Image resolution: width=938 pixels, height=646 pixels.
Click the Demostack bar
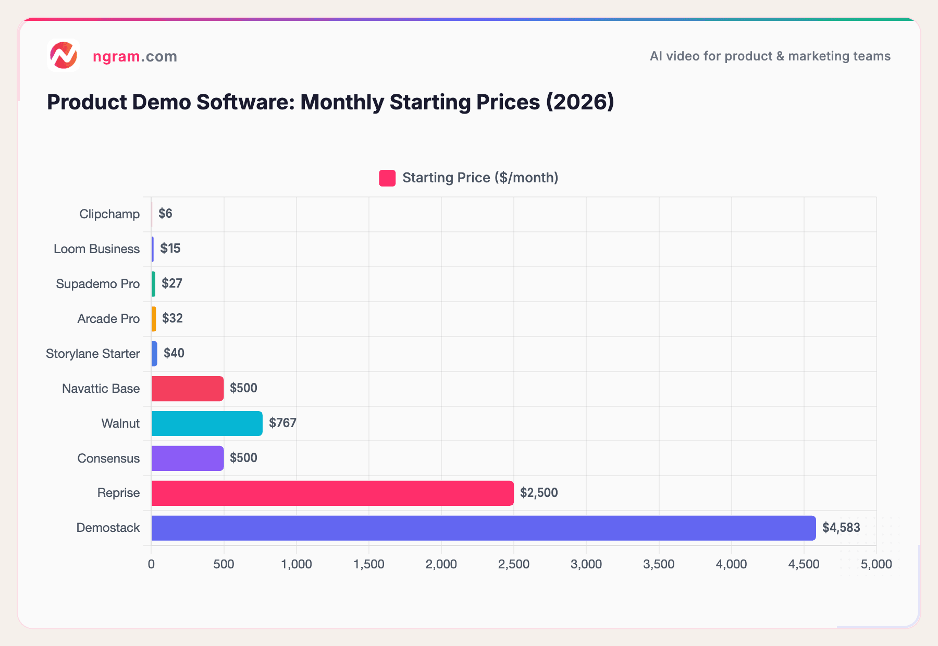(483, 528)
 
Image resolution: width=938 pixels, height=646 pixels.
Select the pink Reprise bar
(332, 493)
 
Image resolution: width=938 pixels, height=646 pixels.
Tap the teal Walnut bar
(207, 423)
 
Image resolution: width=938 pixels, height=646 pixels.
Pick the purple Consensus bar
(188, 458)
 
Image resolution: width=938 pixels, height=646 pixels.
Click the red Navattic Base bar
(188, 389)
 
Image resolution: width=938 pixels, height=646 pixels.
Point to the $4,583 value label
(841, 528)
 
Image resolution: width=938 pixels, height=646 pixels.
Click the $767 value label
(282, 423)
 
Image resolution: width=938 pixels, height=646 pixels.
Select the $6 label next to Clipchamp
(165, 214)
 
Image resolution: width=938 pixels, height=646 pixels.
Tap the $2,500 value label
(538, 493)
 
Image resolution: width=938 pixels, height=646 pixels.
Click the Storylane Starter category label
(93, 354)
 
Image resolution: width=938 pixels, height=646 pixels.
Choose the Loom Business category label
(96, 249)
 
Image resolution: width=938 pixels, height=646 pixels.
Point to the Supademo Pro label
(97, 284)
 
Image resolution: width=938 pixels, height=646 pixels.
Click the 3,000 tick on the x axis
(586, 564)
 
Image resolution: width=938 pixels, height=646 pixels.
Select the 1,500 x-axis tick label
(369, 564)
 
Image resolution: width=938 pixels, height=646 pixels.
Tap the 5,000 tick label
(876, 564)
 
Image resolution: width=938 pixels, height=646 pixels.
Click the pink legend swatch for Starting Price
(387, 178)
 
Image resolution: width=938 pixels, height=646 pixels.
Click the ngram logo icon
(63, 56)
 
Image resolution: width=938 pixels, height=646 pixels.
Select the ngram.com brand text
(134, 56)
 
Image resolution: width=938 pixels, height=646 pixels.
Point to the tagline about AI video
(770, 56)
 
